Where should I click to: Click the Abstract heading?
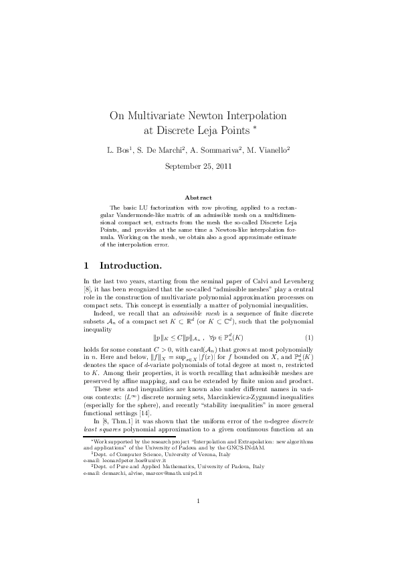point(198,198)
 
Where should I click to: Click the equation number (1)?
point(309,336)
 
